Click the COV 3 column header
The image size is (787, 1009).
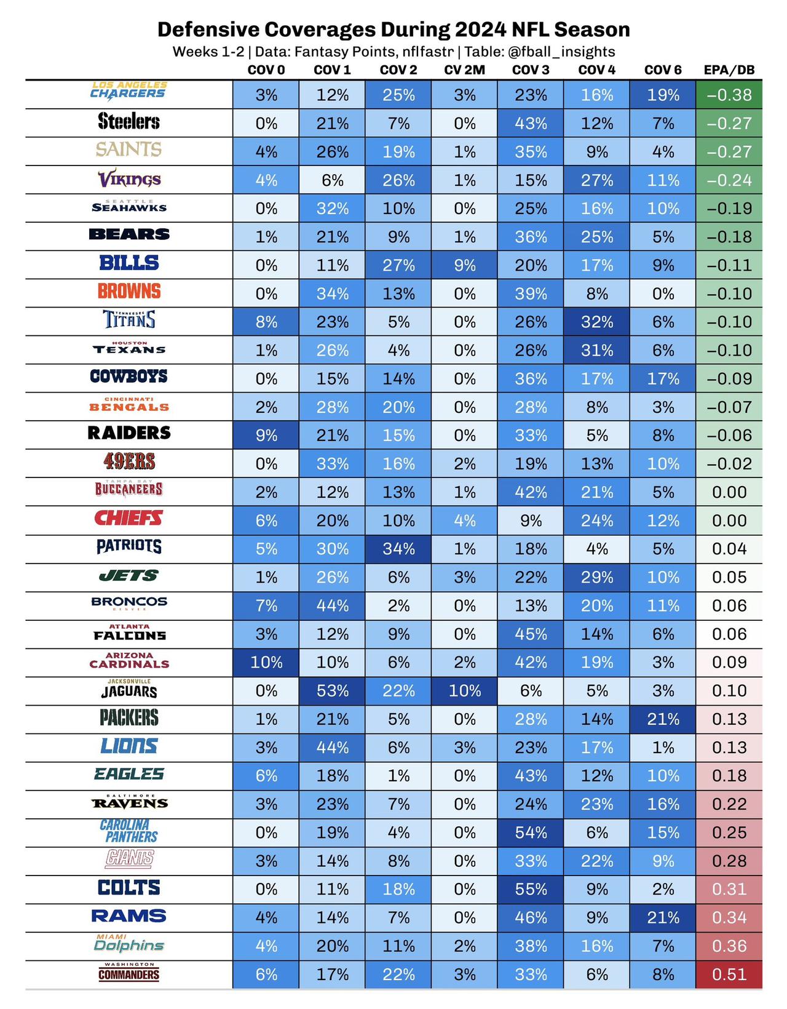pyautogui.click(x=531, y=70)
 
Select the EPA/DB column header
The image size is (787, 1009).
pyautogui.click(x=729, y=70)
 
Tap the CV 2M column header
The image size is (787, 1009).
pyautogui.click(x=464, y=70)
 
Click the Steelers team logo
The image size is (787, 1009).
pyautogui.click(x=129, y=121)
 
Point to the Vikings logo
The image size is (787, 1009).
pyautogui.click(x=129, y=179)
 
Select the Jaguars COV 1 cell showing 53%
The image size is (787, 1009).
pyautogui.click(x=332, y=690)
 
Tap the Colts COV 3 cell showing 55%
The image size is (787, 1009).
pyautogui.click(x=531, y=889)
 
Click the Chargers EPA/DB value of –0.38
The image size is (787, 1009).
pyautogui.click(x=729, y=95)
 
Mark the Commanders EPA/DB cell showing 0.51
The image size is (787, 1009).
pyautogui.click(x=729, y=974)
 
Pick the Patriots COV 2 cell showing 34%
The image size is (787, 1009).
pyautogui.click(x=398, y=549)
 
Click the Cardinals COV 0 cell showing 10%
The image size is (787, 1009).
pyautogui.click(x=266, y=662)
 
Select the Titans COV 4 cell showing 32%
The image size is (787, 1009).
pyautogui.click(x=597, y=322)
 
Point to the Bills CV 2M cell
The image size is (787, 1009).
pyautogui.click(x=464, y=265)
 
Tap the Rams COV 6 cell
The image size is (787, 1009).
pyautogui.click(x=663, y=917)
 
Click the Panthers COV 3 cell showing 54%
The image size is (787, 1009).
pyautogui.click(x=531, y=832)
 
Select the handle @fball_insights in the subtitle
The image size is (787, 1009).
pyautogui.click(x=561, y=52)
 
